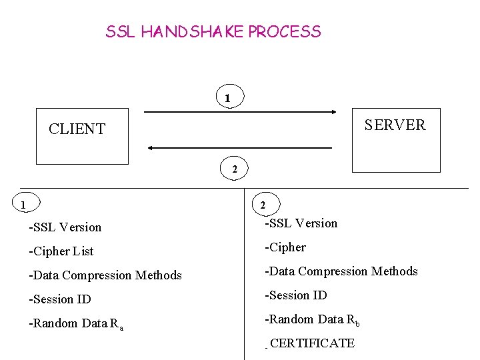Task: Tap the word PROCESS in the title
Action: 285,31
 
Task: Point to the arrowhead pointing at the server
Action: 334,112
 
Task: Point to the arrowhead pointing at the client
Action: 150,148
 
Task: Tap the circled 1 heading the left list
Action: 26,202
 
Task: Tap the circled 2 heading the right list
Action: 266,204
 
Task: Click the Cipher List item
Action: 61,251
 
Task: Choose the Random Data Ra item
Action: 76,324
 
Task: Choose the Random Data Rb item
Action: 312,320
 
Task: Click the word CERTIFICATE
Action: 312,343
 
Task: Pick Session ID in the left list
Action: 60,299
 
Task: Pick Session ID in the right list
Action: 296,295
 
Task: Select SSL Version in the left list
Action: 65,227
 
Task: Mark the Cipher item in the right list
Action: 285,247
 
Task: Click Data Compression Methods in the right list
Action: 341,271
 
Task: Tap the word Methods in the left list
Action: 159,275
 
